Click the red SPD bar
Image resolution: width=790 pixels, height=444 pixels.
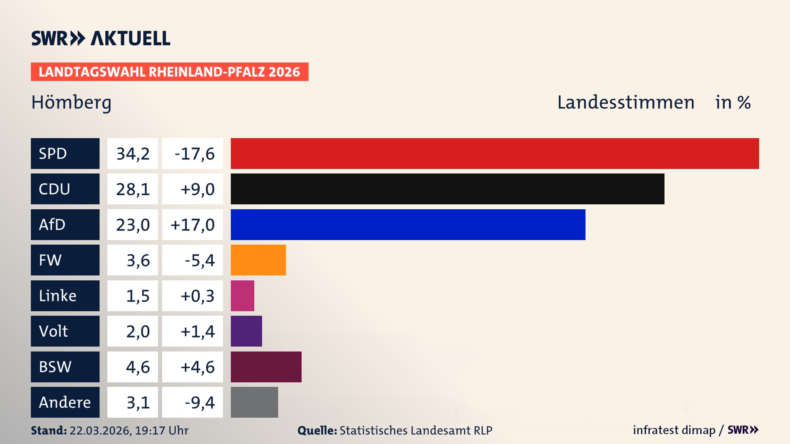coord(495,153)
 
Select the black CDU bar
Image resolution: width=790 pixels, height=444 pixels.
coord(447,189)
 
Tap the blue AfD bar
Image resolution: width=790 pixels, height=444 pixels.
coord(408,224)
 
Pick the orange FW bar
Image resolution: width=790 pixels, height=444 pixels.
coord(258,260)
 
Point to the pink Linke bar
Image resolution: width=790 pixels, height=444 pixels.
coord(242,296)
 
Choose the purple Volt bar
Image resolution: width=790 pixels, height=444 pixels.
coord(246,331)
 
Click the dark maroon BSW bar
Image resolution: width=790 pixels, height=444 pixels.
coord(266,367)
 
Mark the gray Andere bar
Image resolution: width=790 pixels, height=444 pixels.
coord(254,402)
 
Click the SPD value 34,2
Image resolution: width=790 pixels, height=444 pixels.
coord(132,153)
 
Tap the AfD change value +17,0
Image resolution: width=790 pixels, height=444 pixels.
coord(193,224)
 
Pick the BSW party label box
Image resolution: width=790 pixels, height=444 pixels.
coord(65,367)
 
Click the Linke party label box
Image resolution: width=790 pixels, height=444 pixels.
coord(65,296)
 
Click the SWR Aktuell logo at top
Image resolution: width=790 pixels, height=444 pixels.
coord(100,38)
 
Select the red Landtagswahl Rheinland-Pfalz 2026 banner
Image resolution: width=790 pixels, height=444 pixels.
coord(170,72)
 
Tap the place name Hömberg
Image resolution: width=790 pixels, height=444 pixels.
coord(71,102)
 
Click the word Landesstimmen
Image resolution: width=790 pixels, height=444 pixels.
coord(625,102)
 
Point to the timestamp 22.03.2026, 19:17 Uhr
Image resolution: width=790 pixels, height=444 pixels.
coord(129,430)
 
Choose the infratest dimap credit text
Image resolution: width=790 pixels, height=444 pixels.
coord(674,430)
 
